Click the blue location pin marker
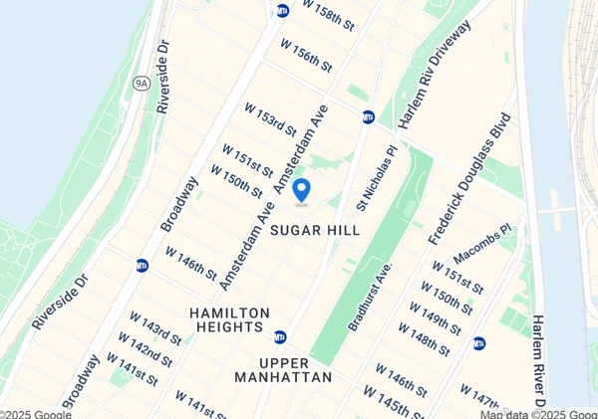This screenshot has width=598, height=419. (301, 189)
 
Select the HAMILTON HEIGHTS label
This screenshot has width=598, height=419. (229, 320)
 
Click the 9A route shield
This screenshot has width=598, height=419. (140, 84)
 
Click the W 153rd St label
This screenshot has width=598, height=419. (271, 118)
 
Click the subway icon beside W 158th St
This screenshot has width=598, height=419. (283, 10)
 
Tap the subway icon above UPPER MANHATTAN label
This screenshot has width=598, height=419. (280, 337)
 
